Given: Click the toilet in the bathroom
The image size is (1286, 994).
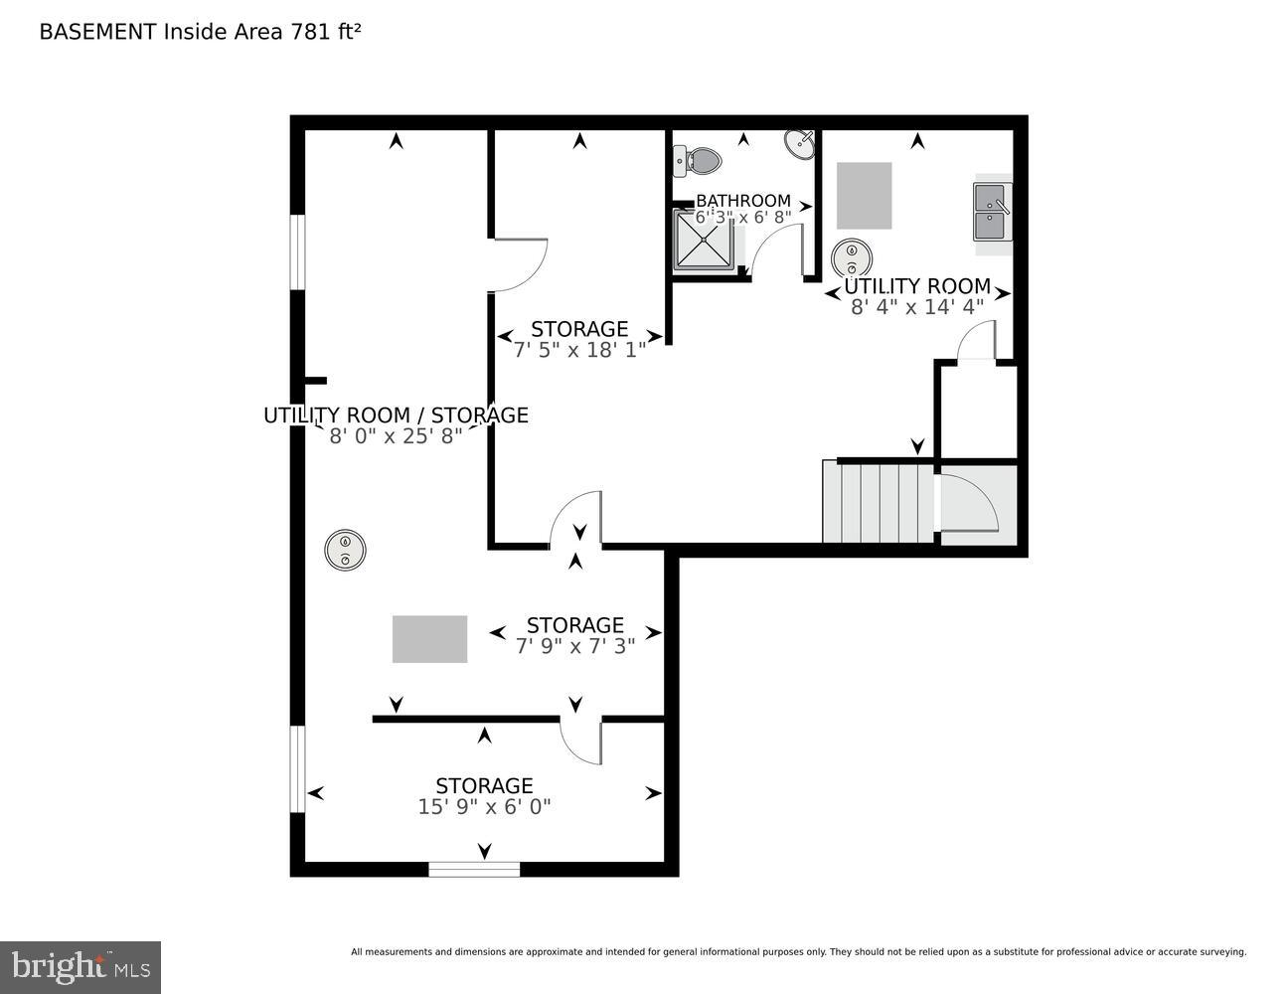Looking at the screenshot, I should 700,160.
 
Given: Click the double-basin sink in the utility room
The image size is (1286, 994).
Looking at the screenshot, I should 992,212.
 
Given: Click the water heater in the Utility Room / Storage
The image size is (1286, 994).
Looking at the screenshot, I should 345,550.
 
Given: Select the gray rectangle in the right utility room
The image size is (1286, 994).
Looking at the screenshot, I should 864,195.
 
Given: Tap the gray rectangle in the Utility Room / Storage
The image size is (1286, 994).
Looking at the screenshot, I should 429,639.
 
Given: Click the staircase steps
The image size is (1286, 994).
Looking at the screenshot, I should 878,502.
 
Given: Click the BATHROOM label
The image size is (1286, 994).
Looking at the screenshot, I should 743,201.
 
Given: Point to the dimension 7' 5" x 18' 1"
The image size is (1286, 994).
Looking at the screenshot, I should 579,350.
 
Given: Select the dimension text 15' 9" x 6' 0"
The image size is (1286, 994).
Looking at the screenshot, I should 484,807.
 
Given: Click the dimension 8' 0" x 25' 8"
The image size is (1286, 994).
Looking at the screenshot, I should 396,435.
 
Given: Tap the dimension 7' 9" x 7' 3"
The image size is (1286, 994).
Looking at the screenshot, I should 575,645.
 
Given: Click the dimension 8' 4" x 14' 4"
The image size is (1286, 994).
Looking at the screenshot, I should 916,307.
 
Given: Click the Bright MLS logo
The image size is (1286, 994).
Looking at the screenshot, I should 80,967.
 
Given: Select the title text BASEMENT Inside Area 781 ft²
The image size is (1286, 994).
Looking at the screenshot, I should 200,32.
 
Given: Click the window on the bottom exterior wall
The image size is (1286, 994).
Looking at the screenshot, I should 474,869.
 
